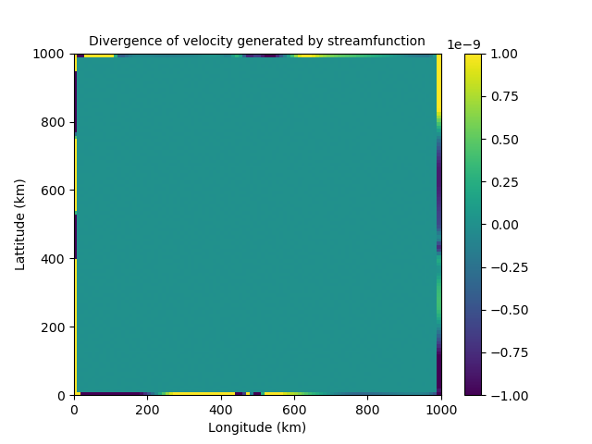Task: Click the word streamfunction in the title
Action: [382, 42]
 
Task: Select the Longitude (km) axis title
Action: [257, 428]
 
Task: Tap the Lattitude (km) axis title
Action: [20, 225]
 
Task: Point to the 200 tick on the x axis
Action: [148, 409]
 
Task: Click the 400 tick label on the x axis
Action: [221, 409]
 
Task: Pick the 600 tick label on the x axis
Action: [294, 409]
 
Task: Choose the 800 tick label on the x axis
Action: [368, 409]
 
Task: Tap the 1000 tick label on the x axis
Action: [441, 409]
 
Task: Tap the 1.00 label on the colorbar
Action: [503, 55]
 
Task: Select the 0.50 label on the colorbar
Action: [503, 140]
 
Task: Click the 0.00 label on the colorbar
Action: [503, 225]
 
